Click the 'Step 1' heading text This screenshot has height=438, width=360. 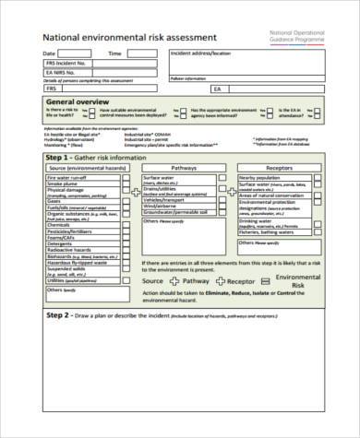tap(60, 158)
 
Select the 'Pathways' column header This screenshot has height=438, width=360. tap(184, 168)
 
